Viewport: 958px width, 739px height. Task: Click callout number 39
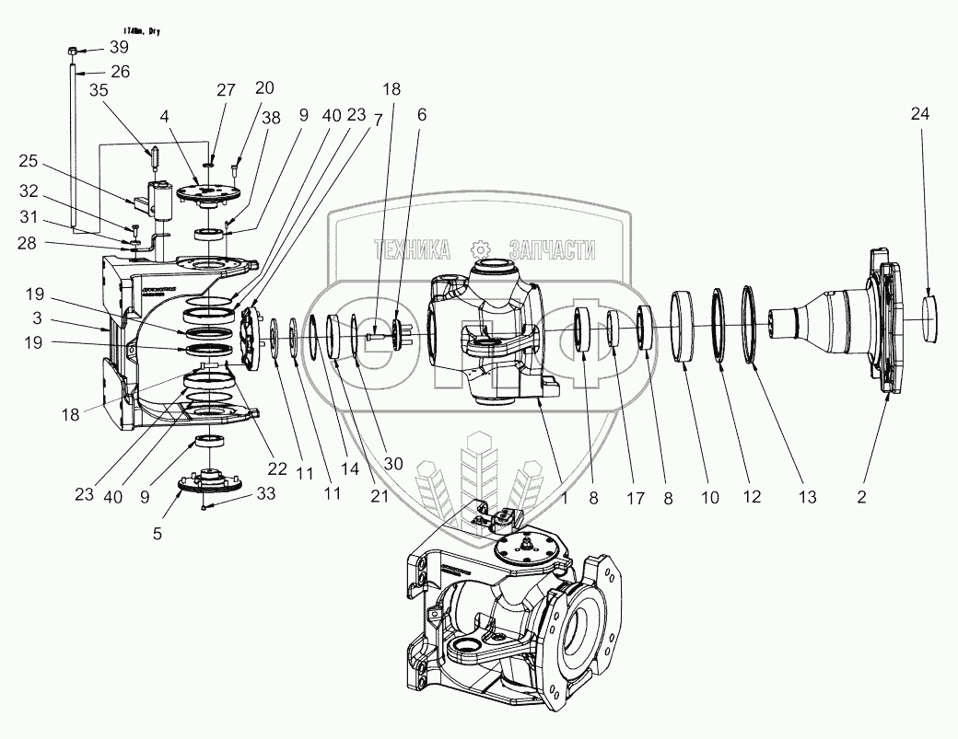tap(120, 47)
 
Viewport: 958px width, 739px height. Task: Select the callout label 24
tap(919, 114)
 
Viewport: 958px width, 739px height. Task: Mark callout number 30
tap(393, 464)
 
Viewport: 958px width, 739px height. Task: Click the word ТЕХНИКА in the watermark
tap(411, 249)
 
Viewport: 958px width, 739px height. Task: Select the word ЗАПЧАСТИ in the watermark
tap(550, 249)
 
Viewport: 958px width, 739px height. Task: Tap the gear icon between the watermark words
tap(479, 248)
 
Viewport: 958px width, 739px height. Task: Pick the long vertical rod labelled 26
tap(73, 147)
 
